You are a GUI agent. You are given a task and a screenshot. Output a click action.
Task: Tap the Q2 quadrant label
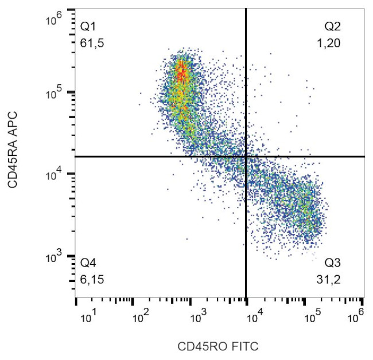[x=333, y=27]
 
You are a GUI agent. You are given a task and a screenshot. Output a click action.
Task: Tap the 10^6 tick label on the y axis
[x=54, y=21]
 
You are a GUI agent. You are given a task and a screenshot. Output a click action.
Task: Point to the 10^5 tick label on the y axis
[x=54, y=94]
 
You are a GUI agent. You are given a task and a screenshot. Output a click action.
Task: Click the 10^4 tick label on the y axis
[x=54, y=175]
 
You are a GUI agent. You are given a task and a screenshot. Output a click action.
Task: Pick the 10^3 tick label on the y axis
[x=54, y=257]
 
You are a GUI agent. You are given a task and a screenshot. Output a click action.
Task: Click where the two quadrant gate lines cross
[x=246, y=156]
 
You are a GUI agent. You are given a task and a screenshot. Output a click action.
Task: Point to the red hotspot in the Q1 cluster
[x=181, y=73]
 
